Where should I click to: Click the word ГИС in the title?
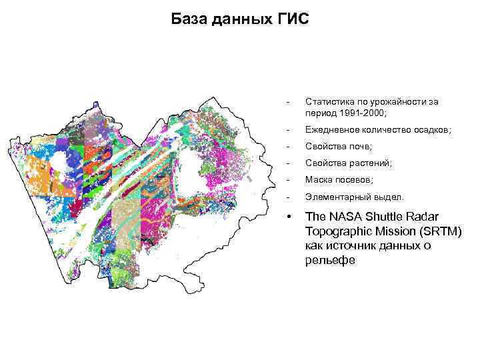(292, 18)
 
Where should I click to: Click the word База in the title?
(189, 18)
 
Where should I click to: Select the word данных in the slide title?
(240, 18)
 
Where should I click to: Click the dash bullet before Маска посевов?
(287, 180)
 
